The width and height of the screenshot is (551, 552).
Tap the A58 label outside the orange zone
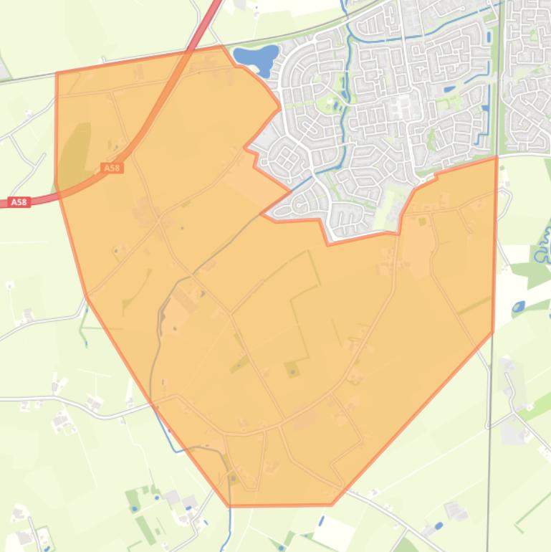click(19, 202)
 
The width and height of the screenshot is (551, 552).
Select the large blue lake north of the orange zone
click(256, 58)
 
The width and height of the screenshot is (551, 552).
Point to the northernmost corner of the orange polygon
click(221, 46)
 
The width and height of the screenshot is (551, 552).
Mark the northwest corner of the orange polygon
click(57, 73)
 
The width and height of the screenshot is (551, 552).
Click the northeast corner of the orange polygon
click(497, 158)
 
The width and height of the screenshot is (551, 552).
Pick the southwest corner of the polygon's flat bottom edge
click(230, 506)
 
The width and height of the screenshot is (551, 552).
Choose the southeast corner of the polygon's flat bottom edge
click(332, 505)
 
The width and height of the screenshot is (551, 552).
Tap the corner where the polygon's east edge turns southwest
click(493, 332)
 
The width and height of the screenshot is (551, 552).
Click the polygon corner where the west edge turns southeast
click(87, 298)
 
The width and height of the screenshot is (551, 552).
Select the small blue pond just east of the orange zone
click(518, 306)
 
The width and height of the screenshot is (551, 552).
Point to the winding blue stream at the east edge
click(543, 244)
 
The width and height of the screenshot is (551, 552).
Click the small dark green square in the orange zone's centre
click(291, 370)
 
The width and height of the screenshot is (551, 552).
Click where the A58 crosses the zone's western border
click(56, 189)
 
